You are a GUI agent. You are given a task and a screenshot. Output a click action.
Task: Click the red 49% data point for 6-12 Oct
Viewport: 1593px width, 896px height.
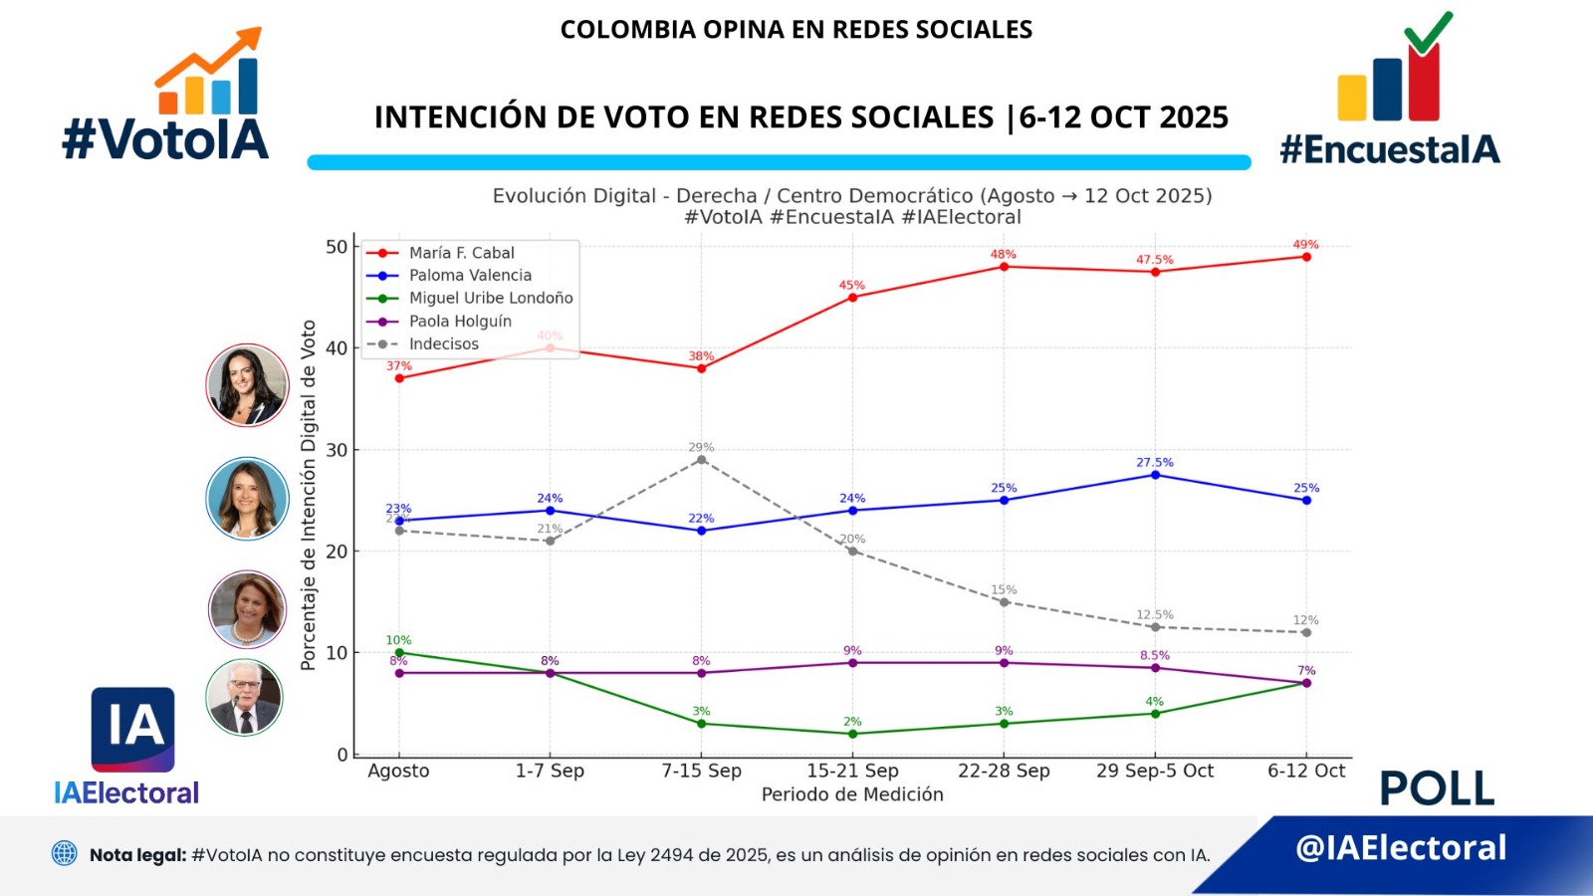[1306, 257]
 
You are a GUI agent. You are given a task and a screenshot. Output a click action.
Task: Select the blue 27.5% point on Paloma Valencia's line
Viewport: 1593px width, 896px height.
[1155, 475]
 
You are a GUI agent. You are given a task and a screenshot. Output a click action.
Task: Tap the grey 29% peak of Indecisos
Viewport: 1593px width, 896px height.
[701, 460]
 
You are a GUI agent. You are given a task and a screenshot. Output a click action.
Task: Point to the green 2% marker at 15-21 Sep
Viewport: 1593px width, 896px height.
[852, 734]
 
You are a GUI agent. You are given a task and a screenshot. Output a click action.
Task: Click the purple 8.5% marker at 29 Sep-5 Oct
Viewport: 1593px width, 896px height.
[1155, 668]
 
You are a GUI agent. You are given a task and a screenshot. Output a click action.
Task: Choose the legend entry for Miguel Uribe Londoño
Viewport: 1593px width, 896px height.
[490, 298]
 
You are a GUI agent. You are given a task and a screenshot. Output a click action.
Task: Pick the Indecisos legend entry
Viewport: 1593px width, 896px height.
[443, 343]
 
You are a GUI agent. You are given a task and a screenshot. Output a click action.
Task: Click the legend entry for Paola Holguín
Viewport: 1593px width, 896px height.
[460, 321]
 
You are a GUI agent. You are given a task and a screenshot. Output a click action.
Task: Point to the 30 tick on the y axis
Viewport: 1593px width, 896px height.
[337, 450]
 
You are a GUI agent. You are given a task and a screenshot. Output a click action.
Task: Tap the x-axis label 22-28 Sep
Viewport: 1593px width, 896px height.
[1004, 771]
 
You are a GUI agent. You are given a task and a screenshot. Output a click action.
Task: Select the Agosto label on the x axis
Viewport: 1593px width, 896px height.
[398, 771]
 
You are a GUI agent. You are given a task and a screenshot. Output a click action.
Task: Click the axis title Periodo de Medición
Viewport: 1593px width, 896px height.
[852, 794]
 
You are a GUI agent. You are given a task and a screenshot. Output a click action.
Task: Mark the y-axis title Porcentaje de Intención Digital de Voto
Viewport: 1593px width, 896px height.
[309, 495]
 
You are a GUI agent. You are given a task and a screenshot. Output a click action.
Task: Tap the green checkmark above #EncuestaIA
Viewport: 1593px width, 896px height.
[1428, 33]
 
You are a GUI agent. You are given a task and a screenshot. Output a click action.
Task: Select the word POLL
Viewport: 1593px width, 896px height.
[1437, 789]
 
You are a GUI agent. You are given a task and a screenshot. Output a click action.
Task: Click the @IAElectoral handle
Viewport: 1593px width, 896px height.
[1401, 847]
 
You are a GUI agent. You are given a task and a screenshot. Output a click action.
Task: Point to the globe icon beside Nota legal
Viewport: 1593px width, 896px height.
[65, 853]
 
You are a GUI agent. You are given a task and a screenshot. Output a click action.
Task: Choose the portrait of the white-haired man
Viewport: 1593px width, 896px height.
[244, 697]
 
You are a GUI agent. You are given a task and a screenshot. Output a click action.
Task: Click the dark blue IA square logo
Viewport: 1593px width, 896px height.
[132, 729]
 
